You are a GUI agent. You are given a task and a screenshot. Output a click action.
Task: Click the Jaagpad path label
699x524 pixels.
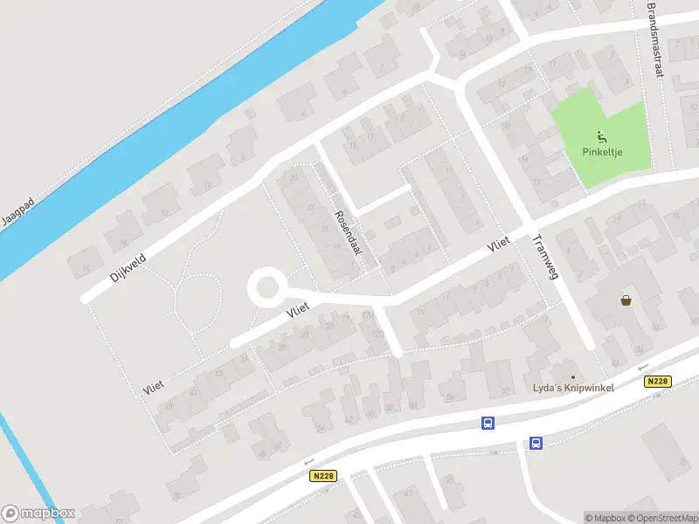point(17,212)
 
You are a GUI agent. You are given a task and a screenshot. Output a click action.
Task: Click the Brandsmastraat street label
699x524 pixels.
point(654,38)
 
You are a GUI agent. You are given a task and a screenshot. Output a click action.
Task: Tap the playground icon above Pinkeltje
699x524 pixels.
point(601,136)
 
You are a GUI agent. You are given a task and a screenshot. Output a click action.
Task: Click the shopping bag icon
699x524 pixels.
point(626,300)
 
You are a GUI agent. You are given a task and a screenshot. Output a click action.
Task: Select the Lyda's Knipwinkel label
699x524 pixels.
point(575,388)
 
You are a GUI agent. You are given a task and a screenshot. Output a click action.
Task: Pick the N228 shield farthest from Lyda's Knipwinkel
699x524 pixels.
point(322,476)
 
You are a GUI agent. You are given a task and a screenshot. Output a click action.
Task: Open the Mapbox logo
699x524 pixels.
point(38,513)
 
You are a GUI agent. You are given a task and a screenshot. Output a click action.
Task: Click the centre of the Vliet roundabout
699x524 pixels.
point(266,286)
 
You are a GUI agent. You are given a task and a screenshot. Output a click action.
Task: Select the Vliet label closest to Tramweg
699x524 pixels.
point(499,248)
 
